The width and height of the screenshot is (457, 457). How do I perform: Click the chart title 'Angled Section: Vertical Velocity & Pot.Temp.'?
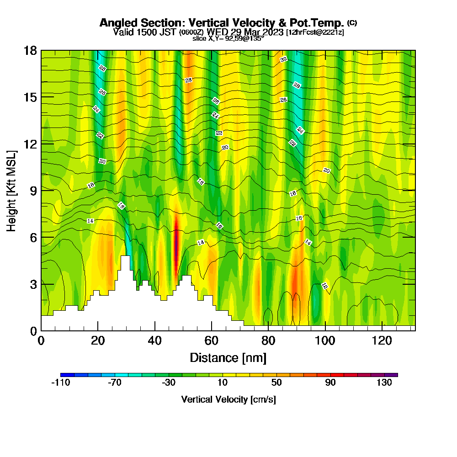click(x=222, y=23)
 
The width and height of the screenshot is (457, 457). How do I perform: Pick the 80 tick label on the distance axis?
click(x=269, y=340)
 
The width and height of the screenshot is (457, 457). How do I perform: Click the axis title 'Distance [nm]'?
click(x=228, y=357)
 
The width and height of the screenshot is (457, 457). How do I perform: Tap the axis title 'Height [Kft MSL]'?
click(x=12, y=190)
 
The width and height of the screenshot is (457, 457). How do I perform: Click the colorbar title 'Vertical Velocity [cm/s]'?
click(x=228, y=399)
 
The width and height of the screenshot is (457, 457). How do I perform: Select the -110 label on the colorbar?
click(x=60, y=383)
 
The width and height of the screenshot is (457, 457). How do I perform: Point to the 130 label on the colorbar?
click(x=384, y=383)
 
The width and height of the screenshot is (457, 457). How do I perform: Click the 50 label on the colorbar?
click(x=276, y=383)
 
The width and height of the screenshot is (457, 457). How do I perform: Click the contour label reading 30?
click(x=283, y=59)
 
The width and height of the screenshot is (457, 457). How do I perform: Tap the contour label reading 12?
click(x=324, y=286)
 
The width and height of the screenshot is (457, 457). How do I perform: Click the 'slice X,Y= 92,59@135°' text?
click(x=228, y=39)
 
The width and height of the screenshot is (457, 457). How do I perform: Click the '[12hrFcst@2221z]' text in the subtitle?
click(x=315, y=32)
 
